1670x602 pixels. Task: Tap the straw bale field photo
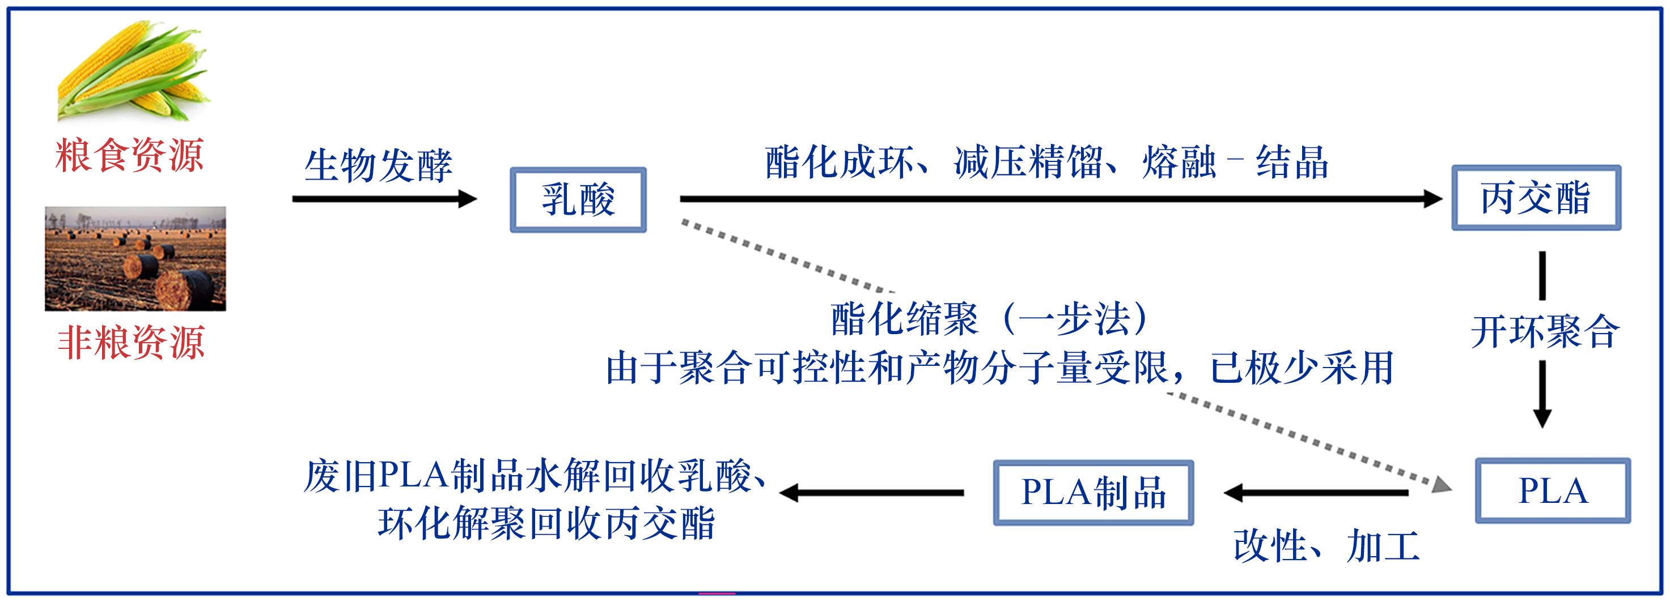[x=135, y=259]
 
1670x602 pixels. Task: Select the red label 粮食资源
[x=130, y=156]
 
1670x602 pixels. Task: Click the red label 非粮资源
[x=131, y=342]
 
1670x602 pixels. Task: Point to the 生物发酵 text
[x=378, y=166]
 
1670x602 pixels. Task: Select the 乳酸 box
[x=578, y=199]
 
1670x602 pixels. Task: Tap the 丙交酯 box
[x=1536, y=198]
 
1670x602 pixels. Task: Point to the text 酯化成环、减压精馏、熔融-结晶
[x=1046, y=162]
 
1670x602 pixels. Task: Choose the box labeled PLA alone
[x=1553, y=491]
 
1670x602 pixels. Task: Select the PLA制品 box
[x=1093, y=493]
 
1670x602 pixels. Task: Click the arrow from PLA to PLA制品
[x=1316, y=493]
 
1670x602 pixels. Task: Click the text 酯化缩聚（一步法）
[x=991, y=319]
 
